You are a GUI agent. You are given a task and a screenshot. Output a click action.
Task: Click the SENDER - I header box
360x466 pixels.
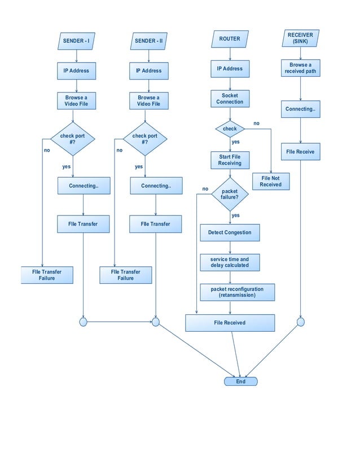(76, 41)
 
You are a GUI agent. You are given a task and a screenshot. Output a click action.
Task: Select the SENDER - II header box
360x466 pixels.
(149, 41)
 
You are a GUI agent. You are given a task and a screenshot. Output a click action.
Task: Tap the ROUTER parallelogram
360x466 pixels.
(230, 39)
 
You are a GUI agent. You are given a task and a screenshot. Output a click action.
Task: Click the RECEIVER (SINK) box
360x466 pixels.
(300, 38)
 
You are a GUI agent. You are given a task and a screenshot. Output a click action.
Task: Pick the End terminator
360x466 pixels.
(240, 381)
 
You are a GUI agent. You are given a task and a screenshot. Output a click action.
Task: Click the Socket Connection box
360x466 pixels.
(230, 99)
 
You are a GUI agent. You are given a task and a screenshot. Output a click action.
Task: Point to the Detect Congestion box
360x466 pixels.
(230, 232)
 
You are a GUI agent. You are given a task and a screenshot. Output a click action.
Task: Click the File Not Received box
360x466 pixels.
(271, 181)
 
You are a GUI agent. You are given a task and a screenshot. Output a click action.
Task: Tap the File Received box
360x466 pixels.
(230, 323)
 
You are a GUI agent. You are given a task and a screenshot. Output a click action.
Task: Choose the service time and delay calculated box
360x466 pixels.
(230, 262)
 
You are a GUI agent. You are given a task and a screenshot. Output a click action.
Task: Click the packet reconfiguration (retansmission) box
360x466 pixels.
(230, 292)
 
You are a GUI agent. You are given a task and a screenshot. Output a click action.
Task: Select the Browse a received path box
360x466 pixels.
(300, 68)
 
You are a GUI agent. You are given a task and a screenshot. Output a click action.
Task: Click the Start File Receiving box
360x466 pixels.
(230, 160)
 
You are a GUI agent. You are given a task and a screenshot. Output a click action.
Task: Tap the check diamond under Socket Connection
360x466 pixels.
(230, 129)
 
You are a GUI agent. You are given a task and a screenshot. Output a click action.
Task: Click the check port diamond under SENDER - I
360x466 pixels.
(73, 139)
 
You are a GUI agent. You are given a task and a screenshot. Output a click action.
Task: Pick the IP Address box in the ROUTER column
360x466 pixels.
(230, 69)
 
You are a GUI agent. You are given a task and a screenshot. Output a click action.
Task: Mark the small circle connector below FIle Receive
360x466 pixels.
(300, 322)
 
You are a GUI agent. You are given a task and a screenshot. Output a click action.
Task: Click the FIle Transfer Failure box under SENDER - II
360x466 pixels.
(126, 275)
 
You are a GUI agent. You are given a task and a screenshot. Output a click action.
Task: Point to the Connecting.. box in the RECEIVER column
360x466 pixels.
(300, 109)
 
